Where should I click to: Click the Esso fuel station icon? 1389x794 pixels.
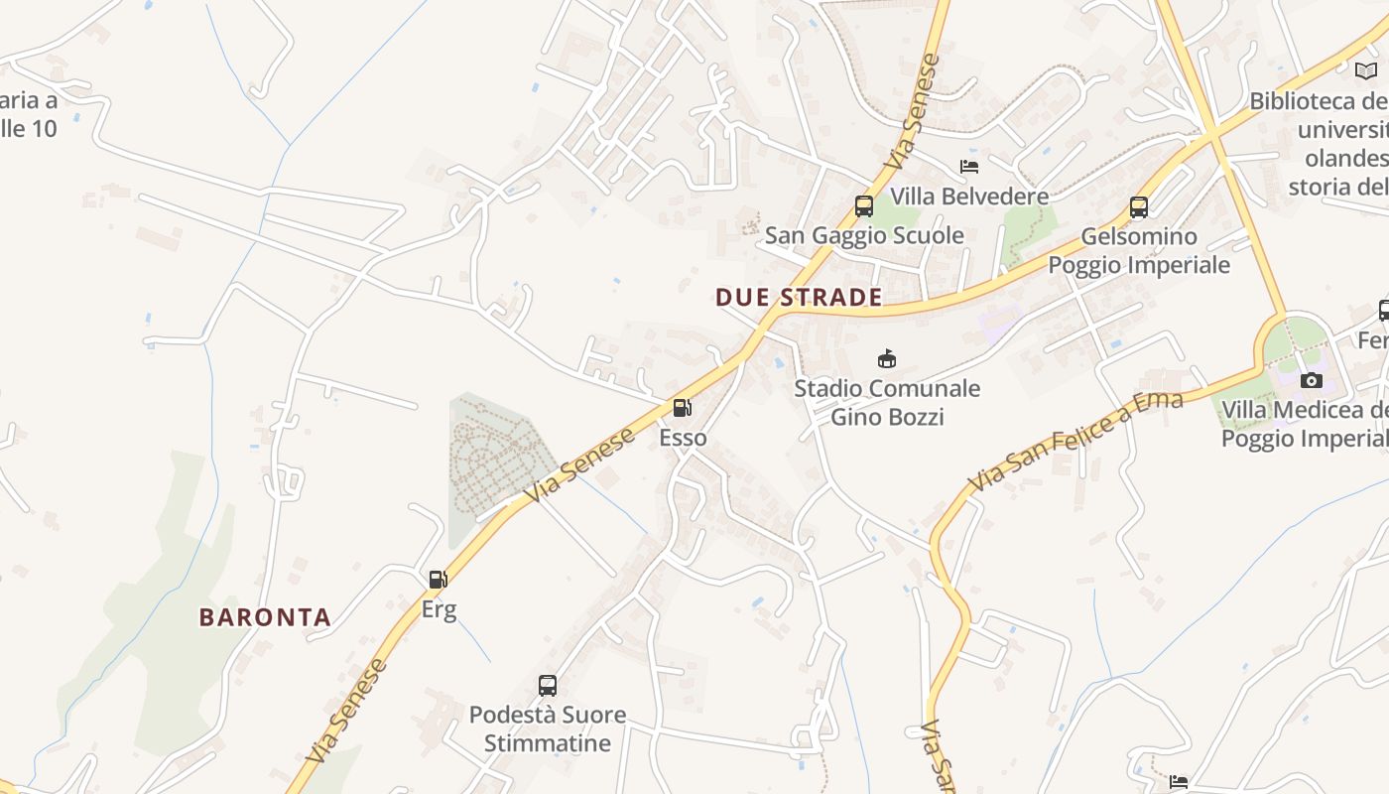(682, 408)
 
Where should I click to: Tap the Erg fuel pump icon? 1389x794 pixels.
(438, 580)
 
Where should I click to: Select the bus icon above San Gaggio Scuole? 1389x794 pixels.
(864, 206)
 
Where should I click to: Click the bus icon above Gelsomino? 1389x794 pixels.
(1139, 207)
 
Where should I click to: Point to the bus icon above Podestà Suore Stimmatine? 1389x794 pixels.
(548, 685)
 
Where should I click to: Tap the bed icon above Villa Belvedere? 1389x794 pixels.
(969, 167)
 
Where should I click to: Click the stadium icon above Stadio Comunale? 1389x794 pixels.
(887, 358)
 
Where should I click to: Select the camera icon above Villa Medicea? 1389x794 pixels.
(1312, 380)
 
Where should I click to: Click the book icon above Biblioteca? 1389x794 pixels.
(1366, 70)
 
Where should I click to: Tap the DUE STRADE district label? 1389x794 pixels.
(799, 298)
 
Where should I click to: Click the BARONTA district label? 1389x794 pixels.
(265, 617)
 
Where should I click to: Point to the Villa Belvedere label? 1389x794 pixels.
(969, 197)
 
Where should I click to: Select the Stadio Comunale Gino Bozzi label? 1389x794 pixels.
(887, 402)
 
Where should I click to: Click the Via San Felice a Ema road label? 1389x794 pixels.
(1075, 442)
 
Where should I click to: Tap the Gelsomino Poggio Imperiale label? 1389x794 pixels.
(1139, 251)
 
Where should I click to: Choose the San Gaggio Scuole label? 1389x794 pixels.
(864, 235)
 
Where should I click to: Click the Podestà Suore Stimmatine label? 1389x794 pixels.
(548, 728)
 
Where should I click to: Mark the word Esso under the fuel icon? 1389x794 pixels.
(684, 438)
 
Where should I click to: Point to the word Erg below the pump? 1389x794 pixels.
(439, 608)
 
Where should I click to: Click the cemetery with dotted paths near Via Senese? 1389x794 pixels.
(496, 457)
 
